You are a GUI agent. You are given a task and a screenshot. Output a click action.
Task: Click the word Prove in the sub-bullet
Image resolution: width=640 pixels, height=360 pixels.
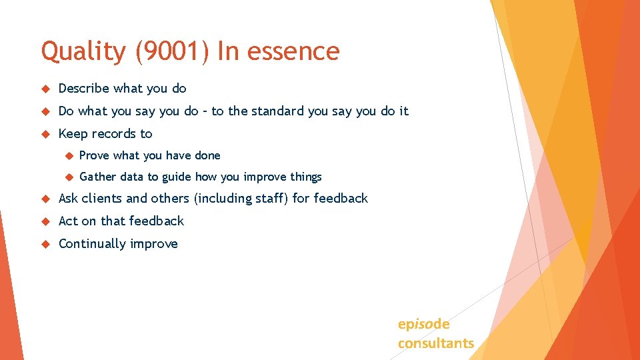click(x=95, y=155)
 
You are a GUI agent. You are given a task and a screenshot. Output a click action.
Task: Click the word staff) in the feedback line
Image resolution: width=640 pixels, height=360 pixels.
click(x=274, y=199)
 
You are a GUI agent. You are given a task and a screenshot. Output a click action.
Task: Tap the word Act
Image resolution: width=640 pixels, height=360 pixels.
click(x=68, y=221)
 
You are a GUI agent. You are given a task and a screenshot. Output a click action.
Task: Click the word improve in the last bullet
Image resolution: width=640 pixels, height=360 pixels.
click(x=154, y=244)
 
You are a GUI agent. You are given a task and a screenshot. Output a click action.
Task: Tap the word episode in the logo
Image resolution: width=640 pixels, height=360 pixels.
click(x=423, y=325)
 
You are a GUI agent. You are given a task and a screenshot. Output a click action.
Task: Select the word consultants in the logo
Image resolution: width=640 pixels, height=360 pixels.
click(x=436, y=343)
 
